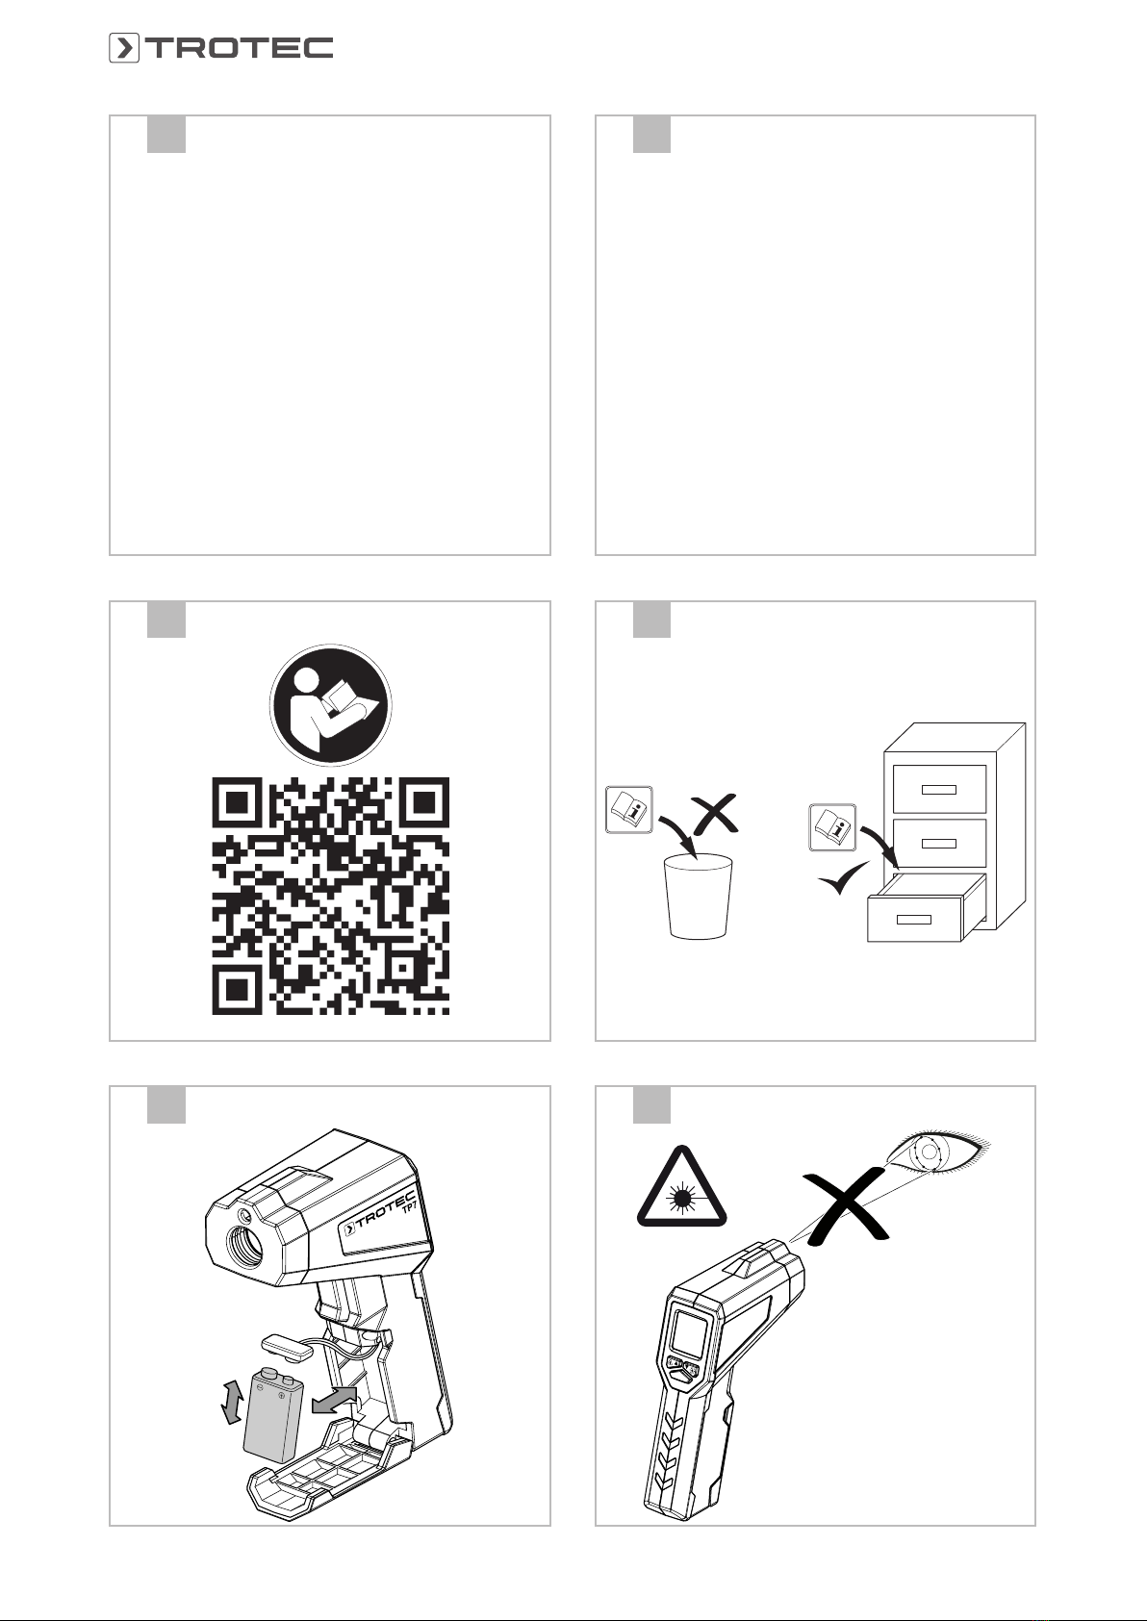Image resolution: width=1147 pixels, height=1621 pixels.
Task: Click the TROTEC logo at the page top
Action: tap(220, 48)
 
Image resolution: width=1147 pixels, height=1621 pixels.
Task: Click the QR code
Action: tap(331, 896)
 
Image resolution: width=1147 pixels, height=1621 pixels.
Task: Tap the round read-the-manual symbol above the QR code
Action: tap(331, 705)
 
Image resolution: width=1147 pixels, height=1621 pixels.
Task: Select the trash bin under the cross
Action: tap(699, 897)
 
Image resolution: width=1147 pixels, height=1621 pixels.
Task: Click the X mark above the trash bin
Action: tap(715, 814)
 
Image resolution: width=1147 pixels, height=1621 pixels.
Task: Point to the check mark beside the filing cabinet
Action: tap(844, 877)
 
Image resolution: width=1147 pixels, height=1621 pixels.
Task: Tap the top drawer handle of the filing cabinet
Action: tap(939, 790)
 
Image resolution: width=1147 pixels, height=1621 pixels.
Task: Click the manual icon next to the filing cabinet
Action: tap(832, 827)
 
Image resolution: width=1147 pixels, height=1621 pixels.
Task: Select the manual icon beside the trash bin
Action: tap(629, 810)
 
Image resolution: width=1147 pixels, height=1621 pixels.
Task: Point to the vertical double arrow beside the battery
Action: tap(232, 1402)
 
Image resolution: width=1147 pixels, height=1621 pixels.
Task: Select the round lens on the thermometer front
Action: tap(244, 1246)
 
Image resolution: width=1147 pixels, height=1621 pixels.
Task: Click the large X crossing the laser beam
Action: tap(845, 1207)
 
